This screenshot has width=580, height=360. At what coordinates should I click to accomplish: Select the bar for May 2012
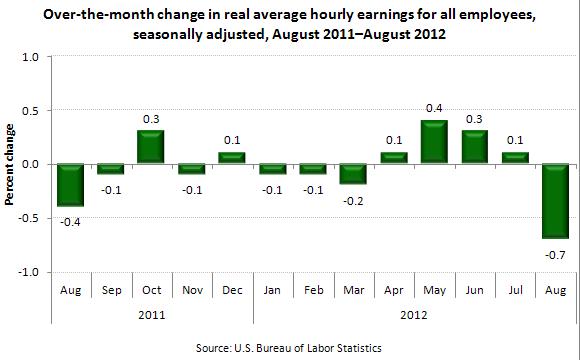[433, 142]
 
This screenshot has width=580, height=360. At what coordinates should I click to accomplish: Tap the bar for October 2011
[151, 147]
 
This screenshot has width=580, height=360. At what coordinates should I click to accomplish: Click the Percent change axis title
[10, 164]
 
